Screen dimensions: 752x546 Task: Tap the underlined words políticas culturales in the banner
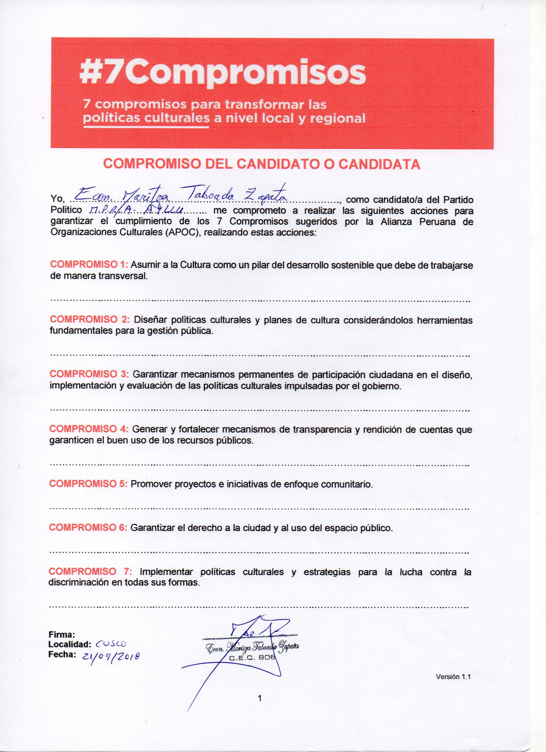pos(146,118)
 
